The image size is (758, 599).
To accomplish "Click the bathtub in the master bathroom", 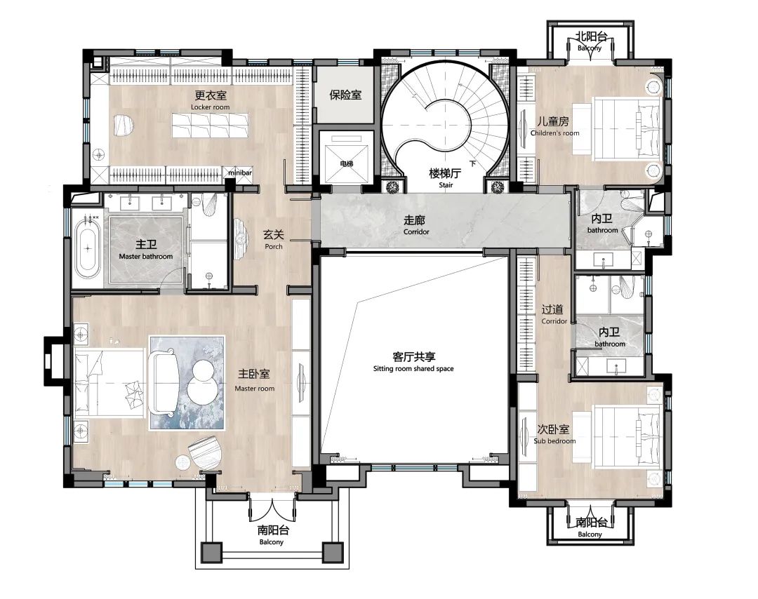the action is click(x=88, y=248).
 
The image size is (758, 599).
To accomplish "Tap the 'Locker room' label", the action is click(x=211, y=107).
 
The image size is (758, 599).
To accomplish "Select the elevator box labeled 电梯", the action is click(x=346, y=158).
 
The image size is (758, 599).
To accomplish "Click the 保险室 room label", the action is click(x=345, y=95).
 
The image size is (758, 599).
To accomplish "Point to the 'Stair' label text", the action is click(x=446, y=185).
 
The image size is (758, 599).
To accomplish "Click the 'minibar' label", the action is click(x=240, y=173).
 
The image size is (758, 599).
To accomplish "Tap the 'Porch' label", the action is click(x=274, y=246).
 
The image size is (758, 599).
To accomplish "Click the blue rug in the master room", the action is click(x=187, y=382).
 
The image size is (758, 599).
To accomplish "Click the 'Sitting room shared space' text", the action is click(x=413, y=368).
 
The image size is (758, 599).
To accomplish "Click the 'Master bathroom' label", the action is click(x=145, y=257).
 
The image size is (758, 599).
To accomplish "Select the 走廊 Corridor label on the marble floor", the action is click(x=415, y=224).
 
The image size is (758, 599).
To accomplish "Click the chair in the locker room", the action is click(x=124, y=125).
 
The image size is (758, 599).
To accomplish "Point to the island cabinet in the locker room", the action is click(x=211, y=125).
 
